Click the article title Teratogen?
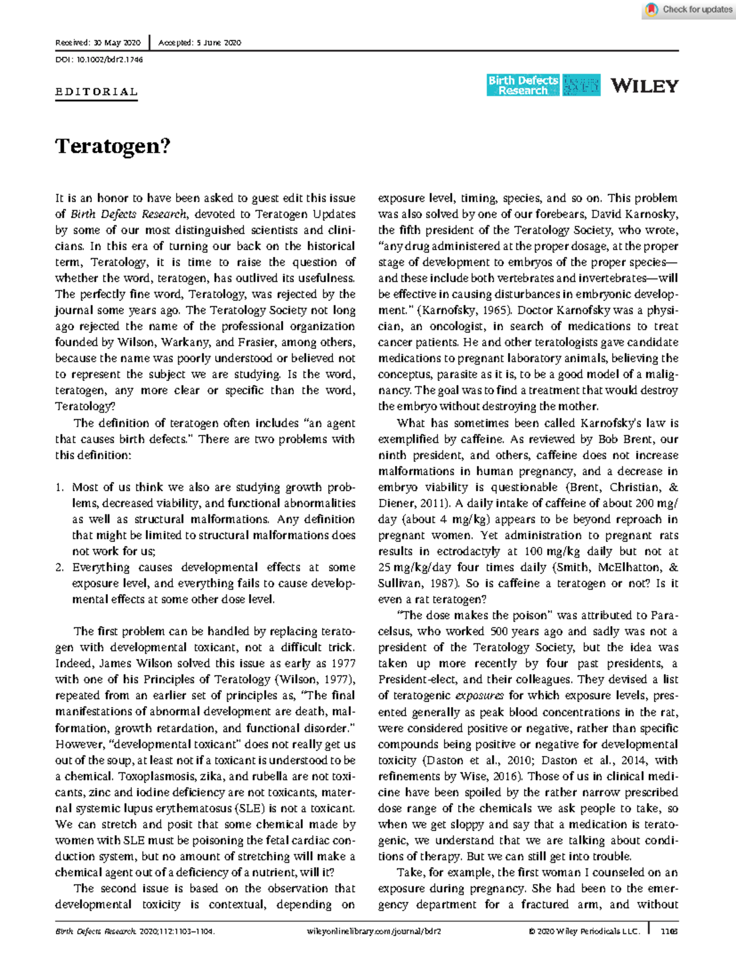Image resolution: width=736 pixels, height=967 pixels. [113, 147]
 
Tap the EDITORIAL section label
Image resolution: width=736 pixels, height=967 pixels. [96, 92]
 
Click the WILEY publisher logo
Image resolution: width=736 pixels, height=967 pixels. [644, 86]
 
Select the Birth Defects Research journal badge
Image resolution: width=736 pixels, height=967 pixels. [523, 85]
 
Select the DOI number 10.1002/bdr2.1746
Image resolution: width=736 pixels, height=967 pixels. [109, 59]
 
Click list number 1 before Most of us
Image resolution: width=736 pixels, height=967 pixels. [59, 487]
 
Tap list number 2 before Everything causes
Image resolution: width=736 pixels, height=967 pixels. [59, 568]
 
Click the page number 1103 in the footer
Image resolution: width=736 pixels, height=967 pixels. [669, 931]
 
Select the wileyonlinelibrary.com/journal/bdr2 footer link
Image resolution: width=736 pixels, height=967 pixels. [373, 931]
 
